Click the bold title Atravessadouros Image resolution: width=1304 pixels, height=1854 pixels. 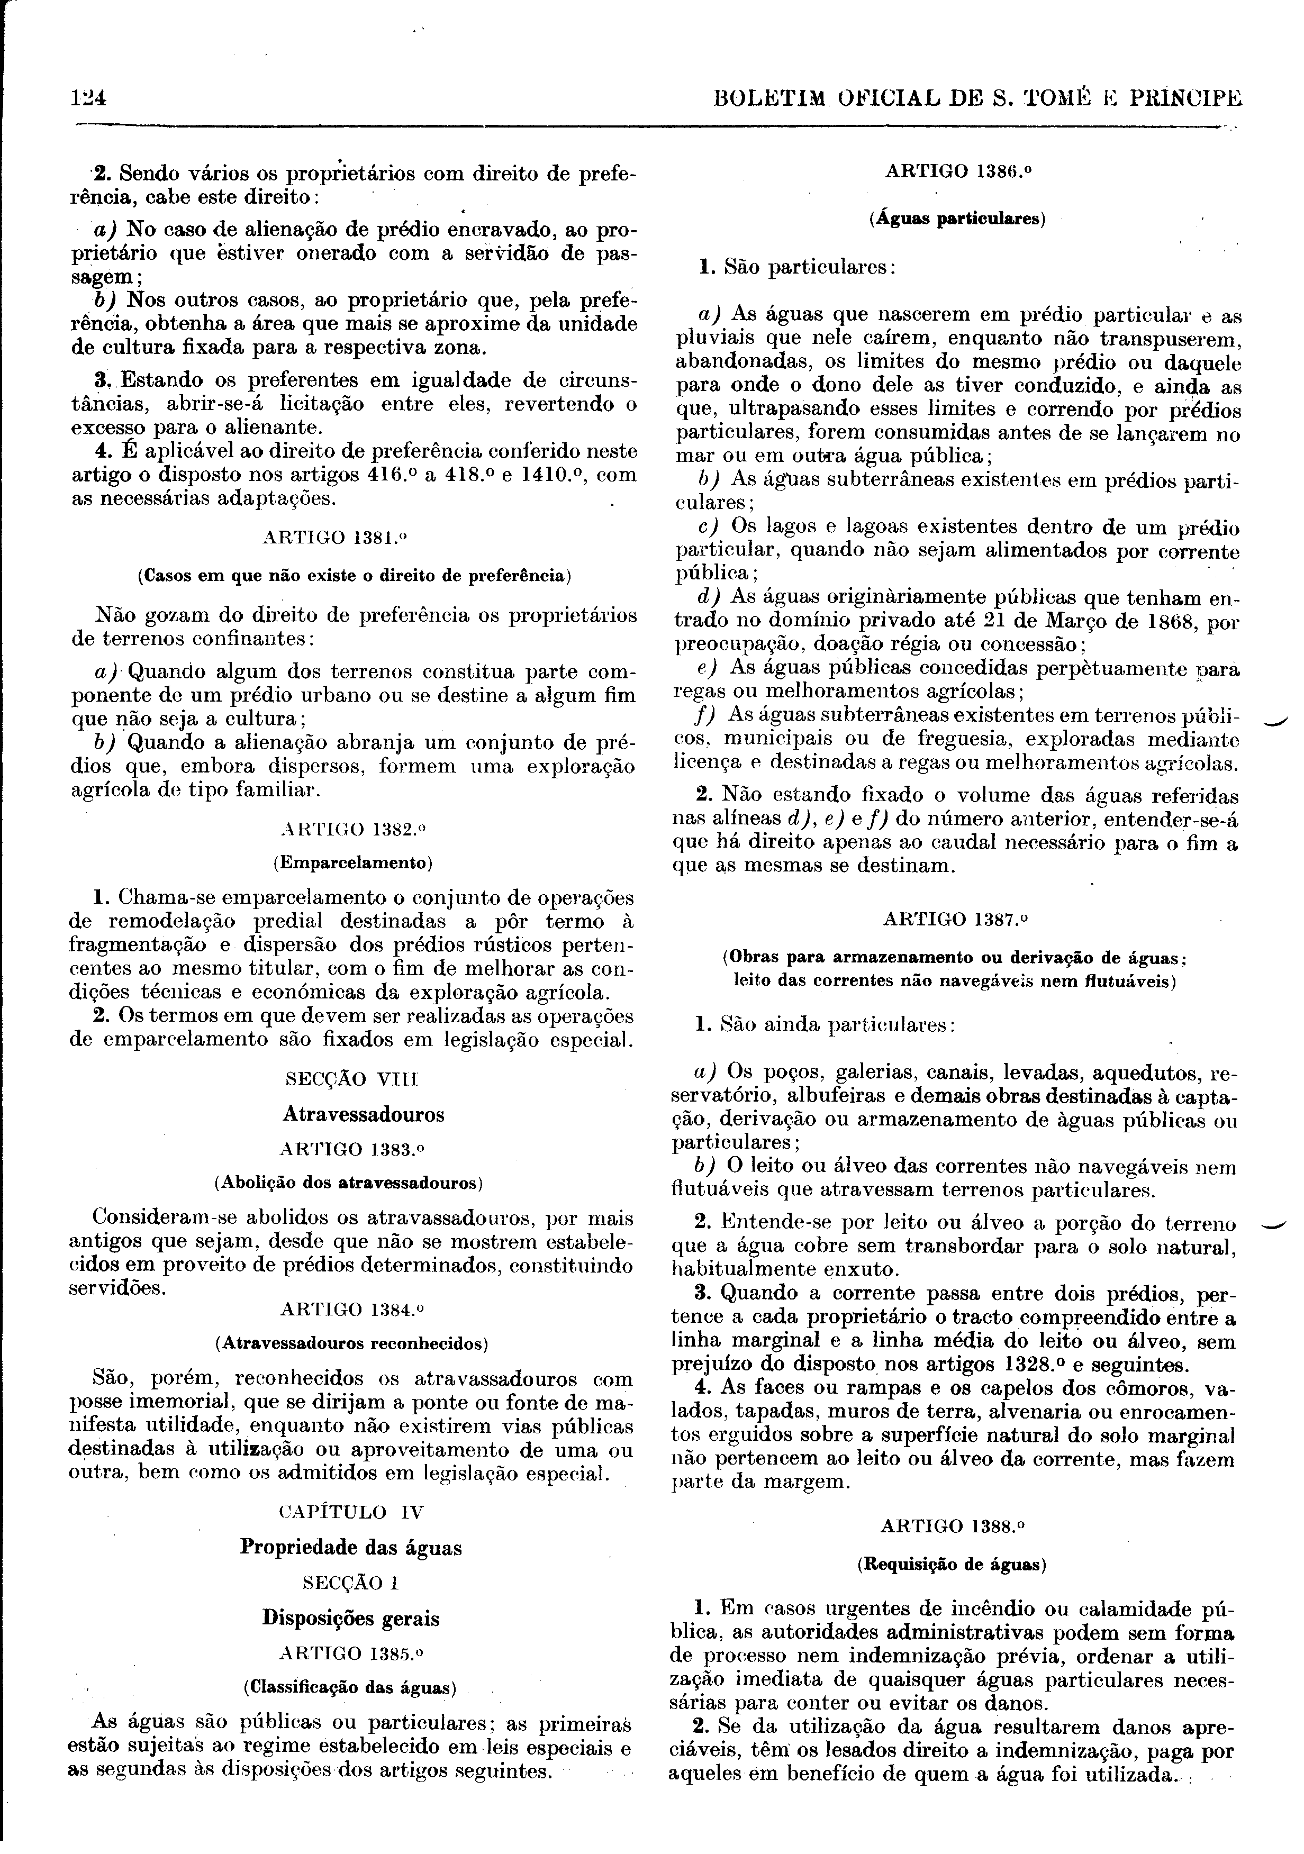pos(364,1114)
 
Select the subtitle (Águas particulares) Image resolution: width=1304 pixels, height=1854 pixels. pos(957,219)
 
